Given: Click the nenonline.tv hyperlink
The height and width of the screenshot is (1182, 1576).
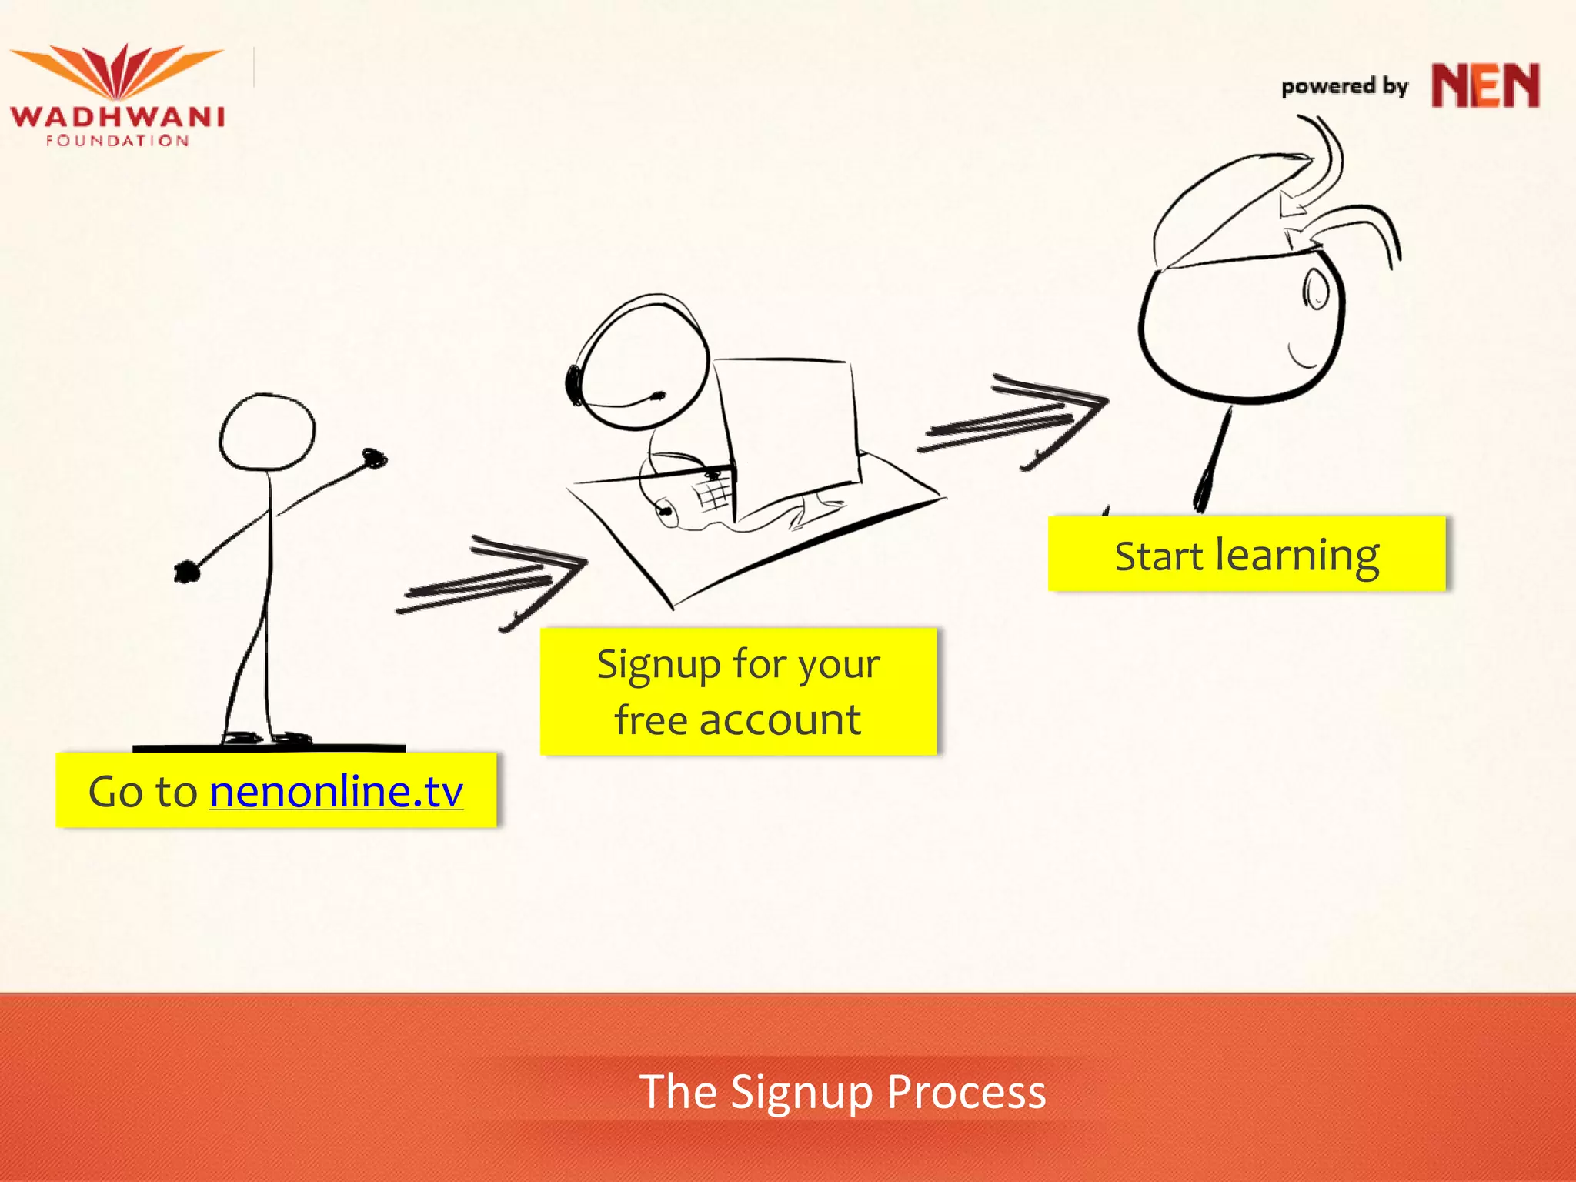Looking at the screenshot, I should click(336, 792).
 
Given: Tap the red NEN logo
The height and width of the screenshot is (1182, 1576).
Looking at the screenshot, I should click(1484, 85).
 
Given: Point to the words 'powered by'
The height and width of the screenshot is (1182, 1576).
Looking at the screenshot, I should click(1344, 87).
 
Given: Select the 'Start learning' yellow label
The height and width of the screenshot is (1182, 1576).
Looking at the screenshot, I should click(1247, 555).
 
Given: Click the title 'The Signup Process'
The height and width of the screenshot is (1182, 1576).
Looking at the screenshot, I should click(843, 1091).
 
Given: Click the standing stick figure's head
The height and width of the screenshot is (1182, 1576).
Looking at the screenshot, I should click(267, 432).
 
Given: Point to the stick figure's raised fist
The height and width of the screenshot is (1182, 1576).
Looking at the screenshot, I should click(374, 459).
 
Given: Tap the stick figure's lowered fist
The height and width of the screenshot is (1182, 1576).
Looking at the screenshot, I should click(186, 572).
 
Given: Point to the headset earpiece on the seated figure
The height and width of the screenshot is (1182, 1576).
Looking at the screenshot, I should click(574, 382).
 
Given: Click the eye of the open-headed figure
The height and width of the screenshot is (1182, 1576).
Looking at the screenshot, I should click(1316, 291).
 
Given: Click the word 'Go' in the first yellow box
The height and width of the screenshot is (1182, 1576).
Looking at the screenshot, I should click(115, 792).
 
